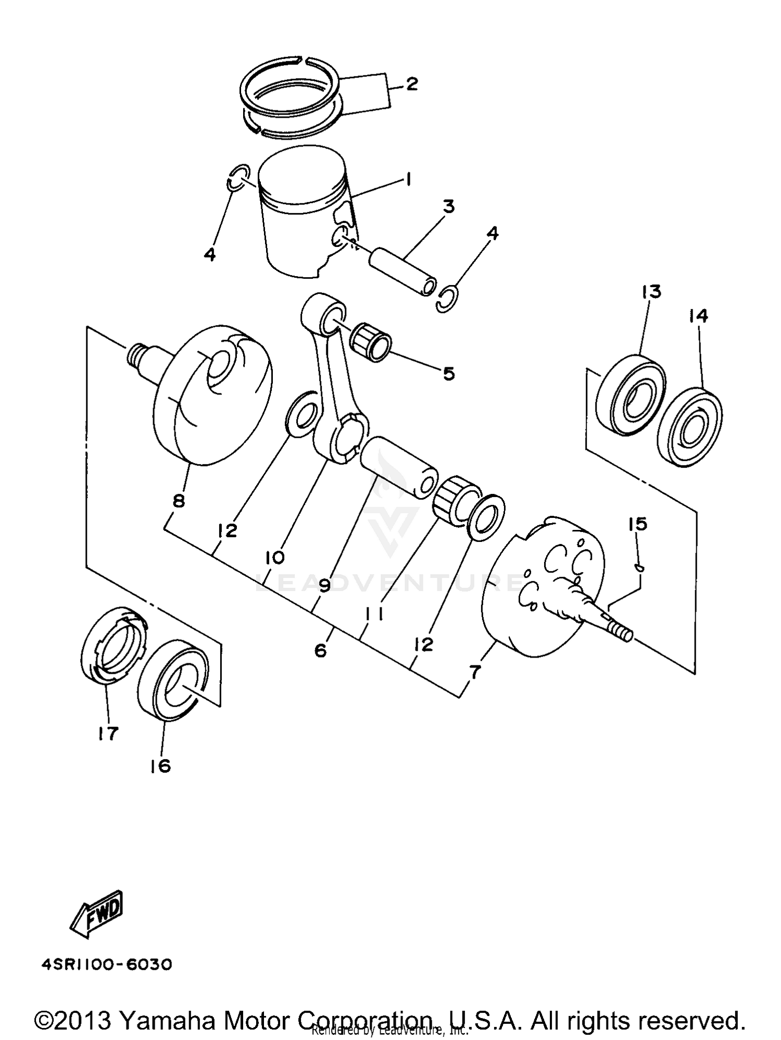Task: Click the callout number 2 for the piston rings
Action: [412, 84]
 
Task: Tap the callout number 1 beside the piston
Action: [409, 180]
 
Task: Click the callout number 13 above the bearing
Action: [651, 292]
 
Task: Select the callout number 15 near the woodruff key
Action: [638, 524]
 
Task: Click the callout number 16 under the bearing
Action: [160, 766]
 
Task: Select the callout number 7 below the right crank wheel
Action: [475, 672]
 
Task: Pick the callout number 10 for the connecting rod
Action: [274, 558]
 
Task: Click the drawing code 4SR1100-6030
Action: [107, 964]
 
